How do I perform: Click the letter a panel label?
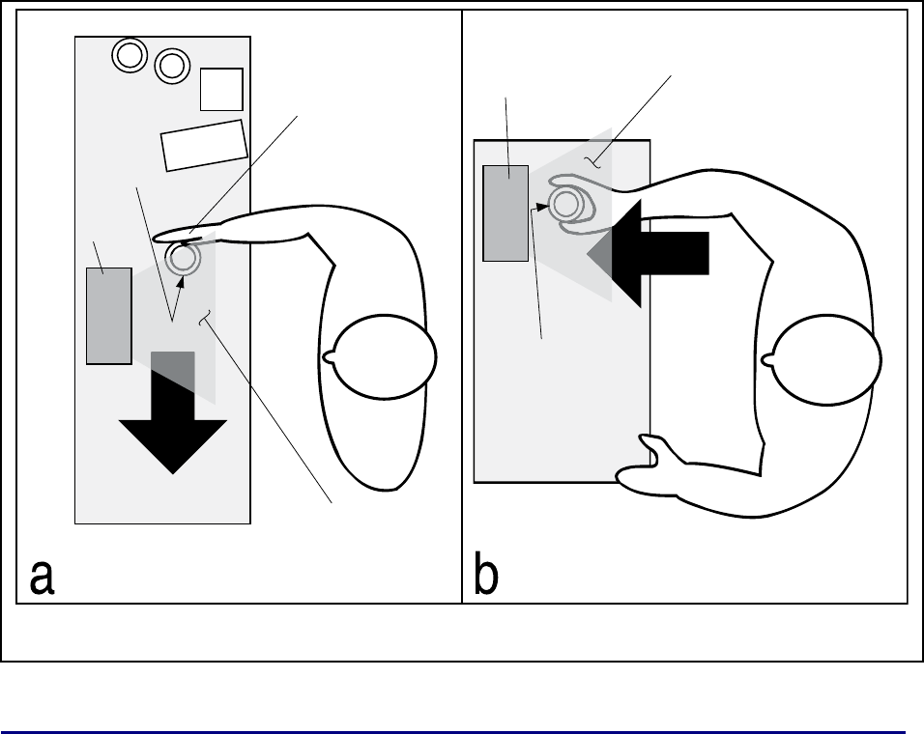click(x=42, y=577)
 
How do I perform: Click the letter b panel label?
click(x=486, y=573)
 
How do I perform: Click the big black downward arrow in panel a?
click(x=173, y=412)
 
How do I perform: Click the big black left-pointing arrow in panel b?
click(x=648, y=253)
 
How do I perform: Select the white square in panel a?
click(x=221, y=90)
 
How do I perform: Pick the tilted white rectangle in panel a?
click(x=204, y=146)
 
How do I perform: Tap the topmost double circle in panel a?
click(x=130, y=55)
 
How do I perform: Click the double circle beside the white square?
click(x=172, y=66)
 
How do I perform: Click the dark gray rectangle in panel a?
click(x=109, y=316)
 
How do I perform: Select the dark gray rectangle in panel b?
click(x=505, y=213)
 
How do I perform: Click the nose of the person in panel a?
click(x=328, y=356)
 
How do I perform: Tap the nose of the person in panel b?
click(x=767, y=359)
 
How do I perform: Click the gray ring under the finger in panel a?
click(x=183, y=258)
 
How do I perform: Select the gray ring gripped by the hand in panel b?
click(x=566, y=204)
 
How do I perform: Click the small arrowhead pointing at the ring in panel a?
click(x=181, y=281)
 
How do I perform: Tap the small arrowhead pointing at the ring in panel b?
click(x=542, y=207)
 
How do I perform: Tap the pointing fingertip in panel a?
click(x=158, y=238)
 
